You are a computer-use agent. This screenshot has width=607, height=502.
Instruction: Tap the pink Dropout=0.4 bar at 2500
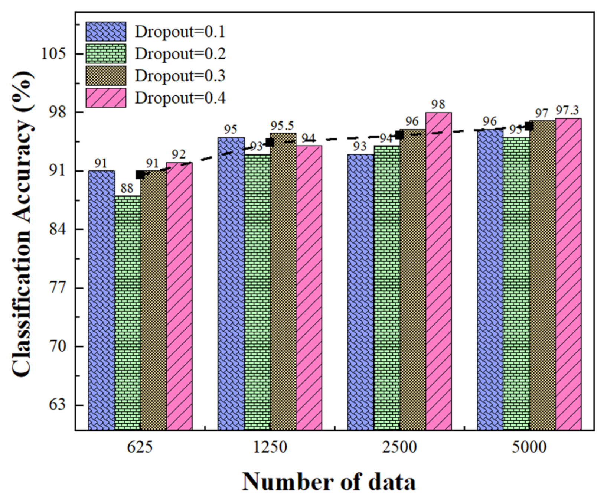click(x=438, y=271)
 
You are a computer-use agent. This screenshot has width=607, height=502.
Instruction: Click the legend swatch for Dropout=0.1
click(x=106, y=32)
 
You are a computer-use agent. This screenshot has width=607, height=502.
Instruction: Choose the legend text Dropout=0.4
click(x=180, y=98)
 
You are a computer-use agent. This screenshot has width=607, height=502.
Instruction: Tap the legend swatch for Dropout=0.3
click(x=106, y=76)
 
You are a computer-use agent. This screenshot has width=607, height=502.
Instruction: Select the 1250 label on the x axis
click(x=270, y=447)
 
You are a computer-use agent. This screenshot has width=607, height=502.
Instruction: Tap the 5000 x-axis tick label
click(x=529, y=447)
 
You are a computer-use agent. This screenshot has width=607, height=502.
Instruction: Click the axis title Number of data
click(x=329, y=482)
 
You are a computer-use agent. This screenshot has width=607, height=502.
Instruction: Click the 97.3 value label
click(x=567, y=110)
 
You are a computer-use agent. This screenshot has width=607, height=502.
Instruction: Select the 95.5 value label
click(x=282, y=125)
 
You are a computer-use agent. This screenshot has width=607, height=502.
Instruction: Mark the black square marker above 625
click(x=140, y=175)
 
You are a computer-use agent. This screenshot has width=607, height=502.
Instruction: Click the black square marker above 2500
click(x=399, y=135)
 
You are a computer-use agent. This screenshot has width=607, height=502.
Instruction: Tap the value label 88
click(x=127, y=188)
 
